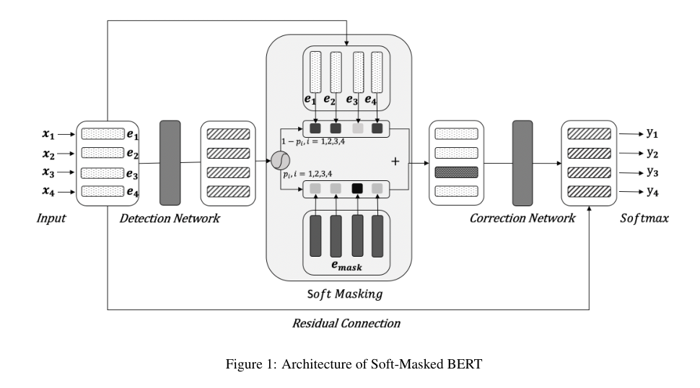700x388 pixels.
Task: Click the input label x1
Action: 48,134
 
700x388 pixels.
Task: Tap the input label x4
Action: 48,191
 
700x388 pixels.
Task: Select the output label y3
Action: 652,172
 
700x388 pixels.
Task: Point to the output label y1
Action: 652,133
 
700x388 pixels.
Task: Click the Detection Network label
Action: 170,218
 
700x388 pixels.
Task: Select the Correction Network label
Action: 522,218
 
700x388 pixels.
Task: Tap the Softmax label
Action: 644,218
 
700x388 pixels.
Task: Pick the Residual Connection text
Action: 346,323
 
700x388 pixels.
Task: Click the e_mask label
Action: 346,266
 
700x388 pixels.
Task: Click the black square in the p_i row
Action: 357,189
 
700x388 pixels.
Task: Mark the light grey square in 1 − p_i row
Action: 357,129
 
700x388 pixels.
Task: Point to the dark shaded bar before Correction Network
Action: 456,172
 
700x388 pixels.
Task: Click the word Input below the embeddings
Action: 51,218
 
